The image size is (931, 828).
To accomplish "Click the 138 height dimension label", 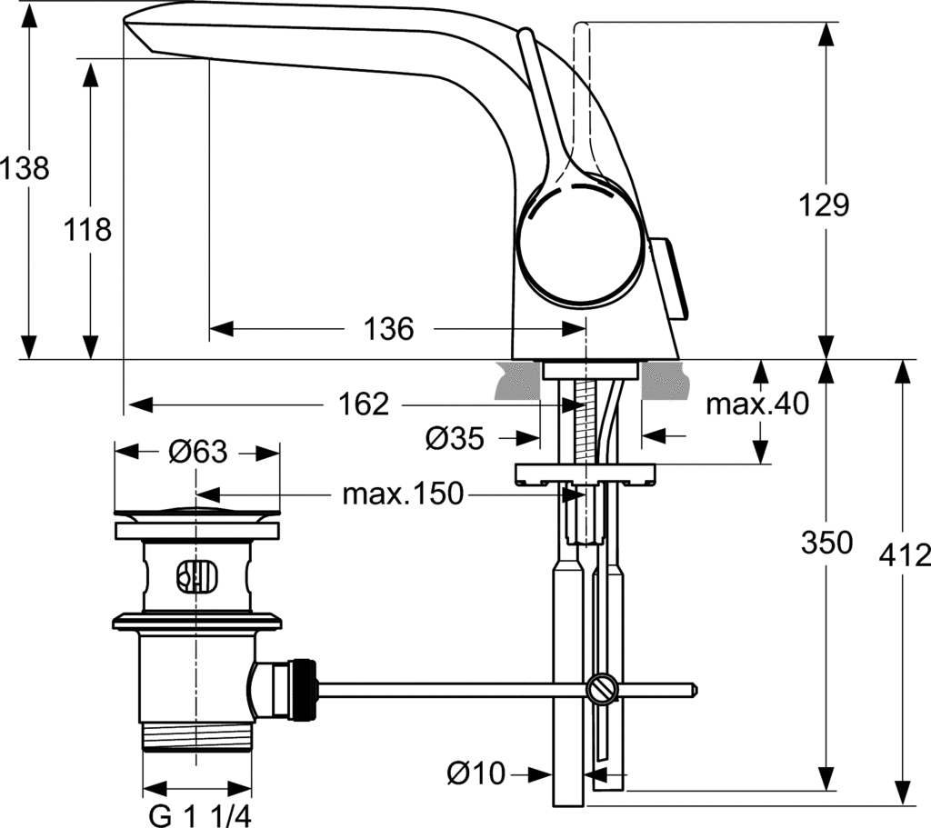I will (x=25, y=168).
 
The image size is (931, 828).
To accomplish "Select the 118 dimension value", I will (x=88, y=229).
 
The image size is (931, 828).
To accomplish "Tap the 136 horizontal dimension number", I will (x=388, y=328).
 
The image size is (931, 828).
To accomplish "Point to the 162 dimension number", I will (x=365, y=404).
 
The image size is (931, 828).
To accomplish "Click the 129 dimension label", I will (x=825, y=205).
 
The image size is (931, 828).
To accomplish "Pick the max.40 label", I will (x=756, y=404).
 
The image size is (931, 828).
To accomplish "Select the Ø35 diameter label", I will (x=454, y=438).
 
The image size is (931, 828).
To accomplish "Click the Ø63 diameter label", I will (x=197, y=451).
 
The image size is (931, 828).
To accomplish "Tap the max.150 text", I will (x=402, y=494).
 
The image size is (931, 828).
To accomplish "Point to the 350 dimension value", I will (x=826, y=543).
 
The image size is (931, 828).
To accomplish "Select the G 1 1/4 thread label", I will (x=197, y=814).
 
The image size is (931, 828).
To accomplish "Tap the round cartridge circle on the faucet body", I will (x=578, y=244).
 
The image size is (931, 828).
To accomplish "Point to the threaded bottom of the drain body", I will (x=197, y=735).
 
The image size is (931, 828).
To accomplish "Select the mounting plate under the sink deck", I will (x=585, y=474).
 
